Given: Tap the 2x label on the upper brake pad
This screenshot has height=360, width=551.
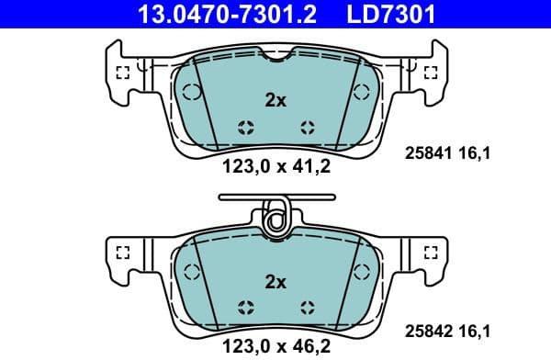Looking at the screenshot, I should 275,101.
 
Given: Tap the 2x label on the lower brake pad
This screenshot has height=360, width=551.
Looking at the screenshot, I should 275,281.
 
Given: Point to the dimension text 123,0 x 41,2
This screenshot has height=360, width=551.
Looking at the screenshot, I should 275,167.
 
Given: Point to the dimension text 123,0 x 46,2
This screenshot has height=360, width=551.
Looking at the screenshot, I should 275,346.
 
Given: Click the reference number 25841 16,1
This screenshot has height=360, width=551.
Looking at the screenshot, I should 447,154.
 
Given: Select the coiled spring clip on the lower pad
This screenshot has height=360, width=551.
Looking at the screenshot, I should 275,219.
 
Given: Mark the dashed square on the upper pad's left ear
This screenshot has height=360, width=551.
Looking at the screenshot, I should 121,74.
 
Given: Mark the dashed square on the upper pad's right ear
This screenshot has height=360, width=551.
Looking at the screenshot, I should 429,74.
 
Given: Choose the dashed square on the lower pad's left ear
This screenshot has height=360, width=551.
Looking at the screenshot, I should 121,253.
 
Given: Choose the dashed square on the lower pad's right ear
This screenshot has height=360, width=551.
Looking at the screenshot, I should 429,253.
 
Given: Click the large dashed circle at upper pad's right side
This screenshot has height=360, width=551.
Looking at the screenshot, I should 358,92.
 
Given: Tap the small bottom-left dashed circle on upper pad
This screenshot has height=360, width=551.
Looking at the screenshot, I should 243,128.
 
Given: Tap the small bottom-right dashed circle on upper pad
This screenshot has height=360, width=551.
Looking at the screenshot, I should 307,128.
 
